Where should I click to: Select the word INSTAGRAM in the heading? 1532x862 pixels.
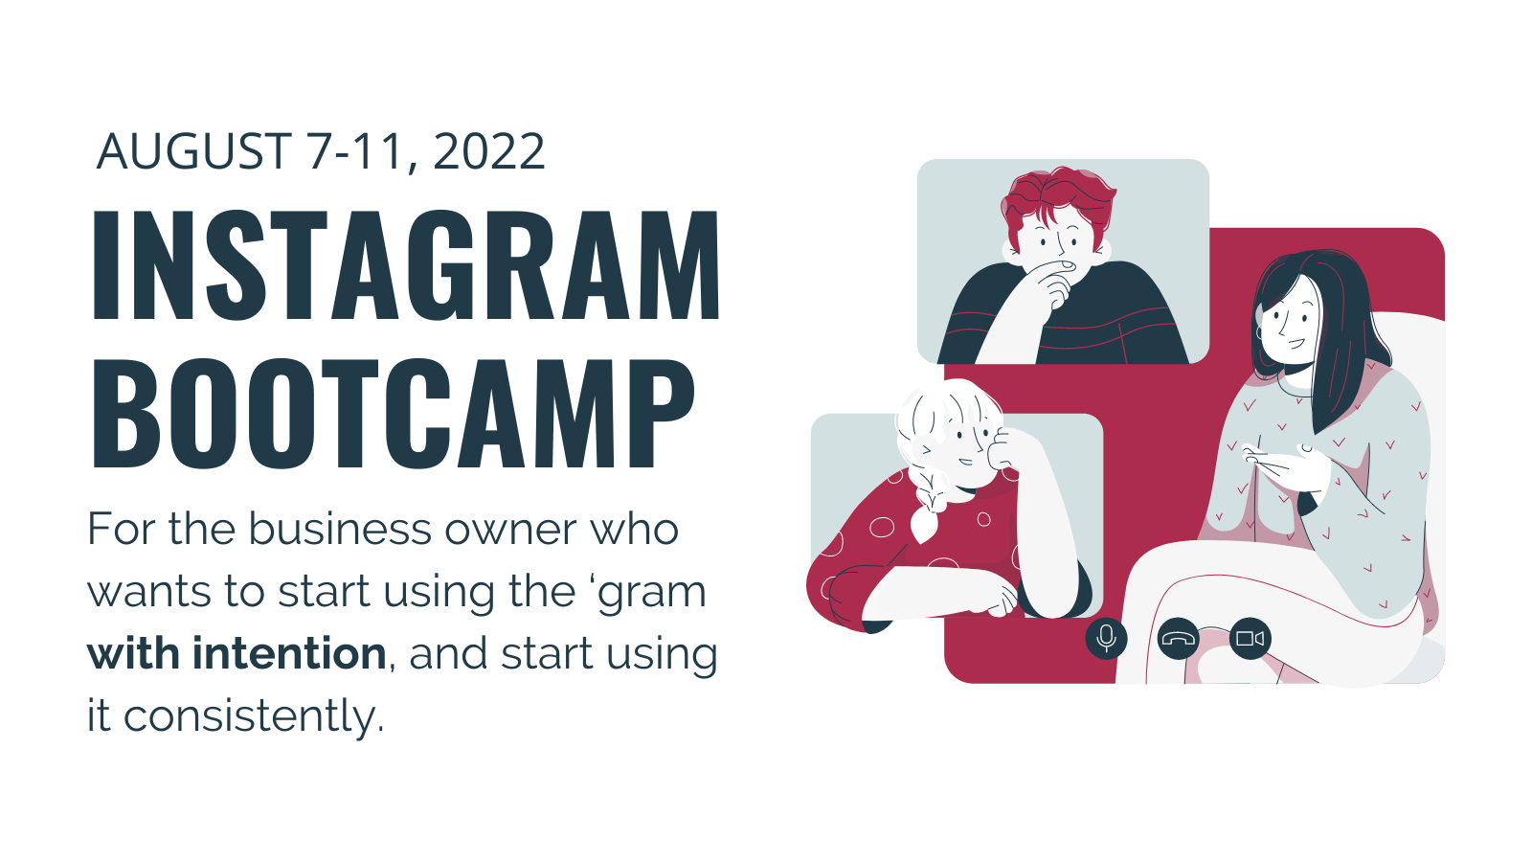pyautogui.click(x=406, y=264)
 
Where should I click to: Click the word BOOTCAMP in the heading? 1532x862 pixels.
pyautogui.click(x=394, y=413)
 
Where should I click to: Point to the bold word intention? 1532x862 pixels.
pyautogui.click(x=289, y=652)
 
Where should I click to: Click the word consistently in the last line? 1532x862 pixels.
pyautogui.click(x=249, y=715)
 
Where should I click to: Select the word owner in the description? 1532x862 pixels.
pyautogui.click(x=511, y=531)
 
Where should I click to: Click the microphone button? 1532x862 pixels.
pyautogui.click(x=1106, y=638)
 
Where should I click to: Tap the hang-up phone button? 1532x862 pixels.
pyautogui.click(x=1179, y=638)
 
